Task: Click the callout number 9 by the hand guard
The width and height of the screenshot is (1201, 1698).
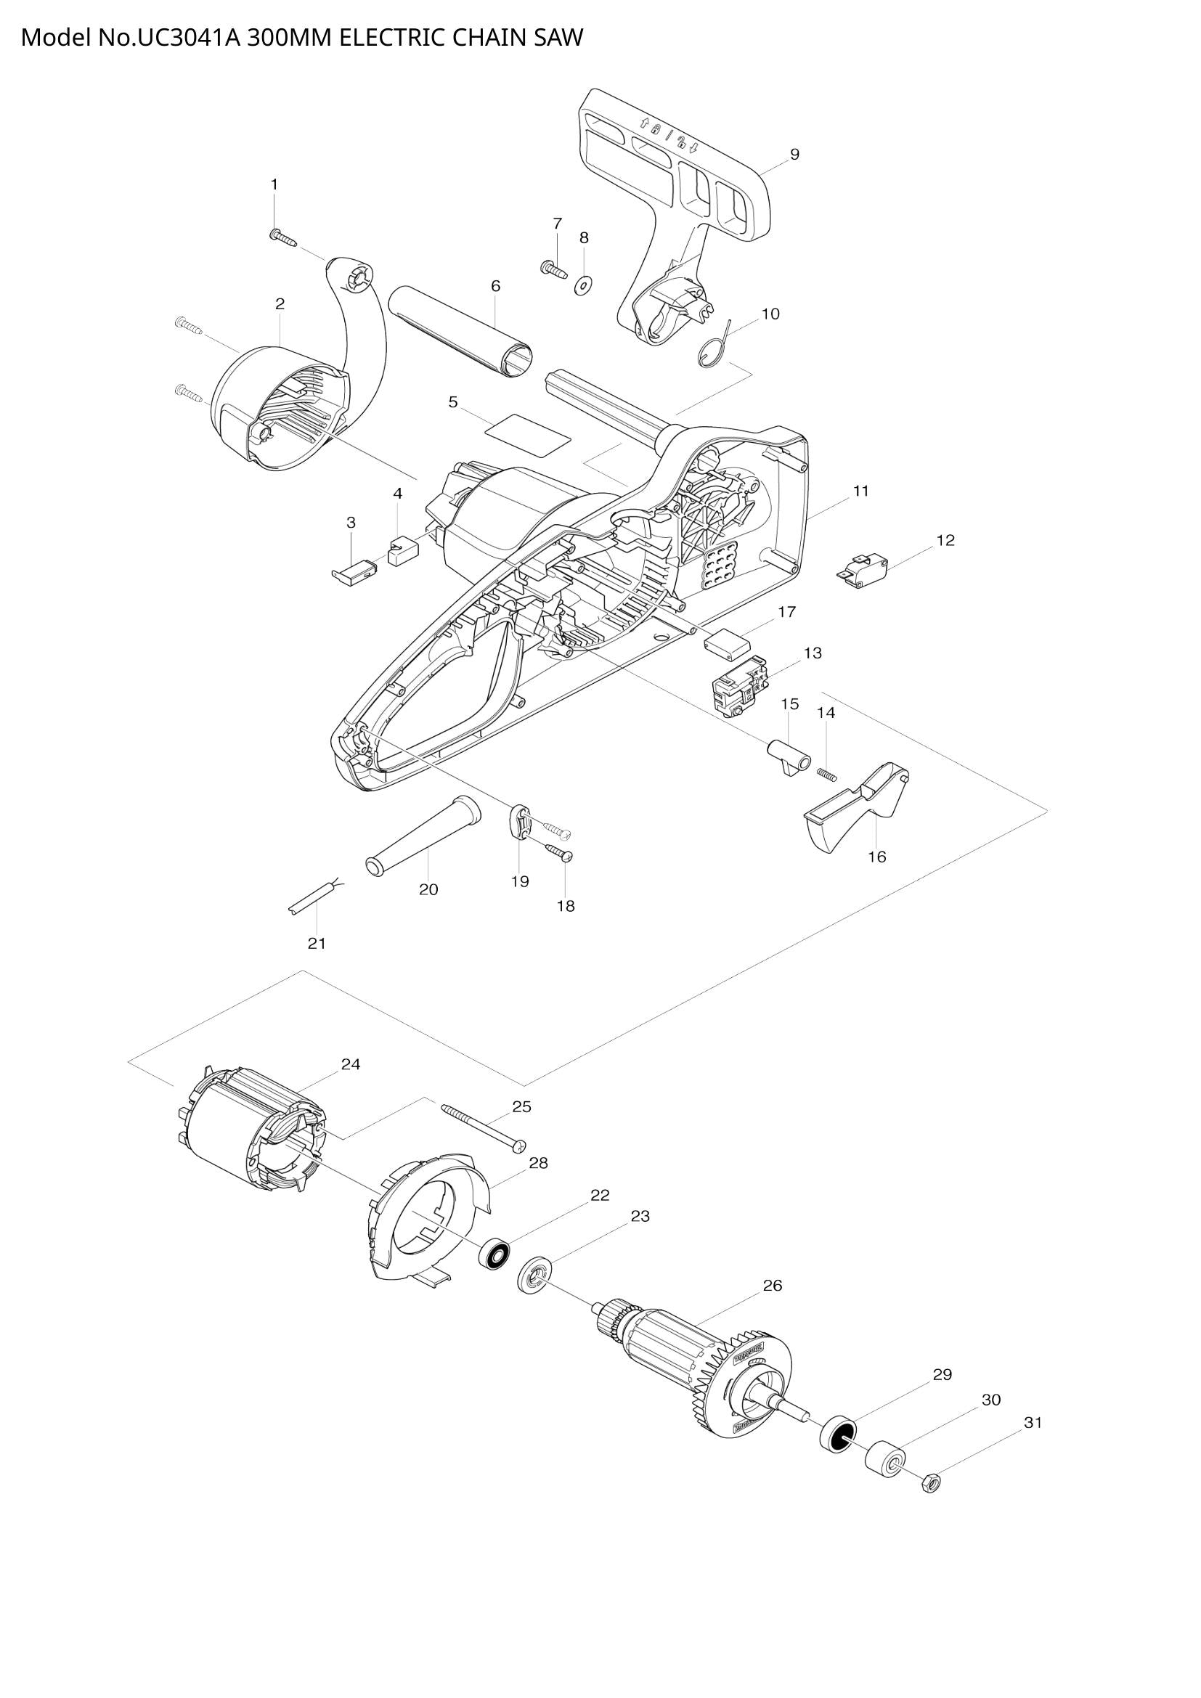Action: (x=794, y=155)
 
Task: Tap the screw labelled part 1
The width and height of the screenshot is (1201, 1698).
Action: (x=282, y=237)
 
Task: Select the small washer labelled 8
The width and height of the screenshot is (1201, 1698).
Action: (x=585, y=284)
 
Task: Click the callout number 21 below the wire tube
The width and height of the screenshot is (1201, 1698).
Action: (x=317, y=944)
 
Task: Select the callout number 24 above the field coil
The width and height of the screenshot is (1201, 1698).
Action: (x=351, y=1064)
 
